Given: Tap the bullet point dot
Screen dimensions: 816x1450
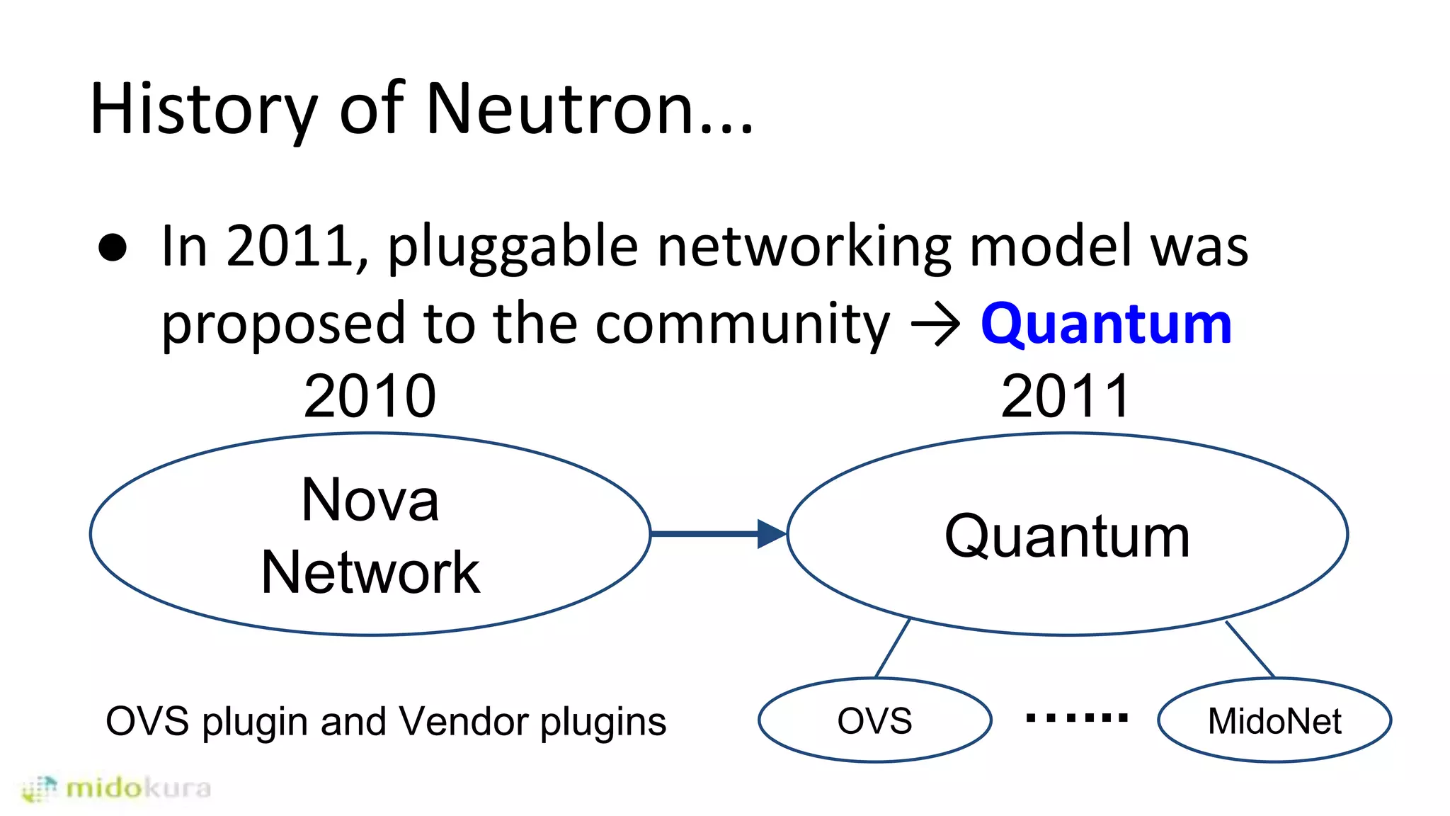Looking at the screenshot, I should click(x=113, y=248).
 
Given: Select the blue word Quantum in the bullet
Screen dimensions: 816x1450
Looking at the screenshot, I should click(x=1106, y=324).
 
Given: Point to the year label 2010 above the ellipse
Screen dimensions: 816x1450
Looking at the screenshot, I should click(x=370, y=397).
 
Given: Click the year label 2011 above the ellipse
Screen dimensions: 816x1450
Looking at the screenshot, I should click(x=1066, y=397).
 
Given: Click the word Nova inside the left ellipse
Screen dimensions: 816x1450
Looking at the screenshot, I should click(x=370, y=500).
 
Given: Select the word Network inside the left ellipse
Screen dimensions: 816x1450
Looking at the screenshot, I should click(x=370, y=572).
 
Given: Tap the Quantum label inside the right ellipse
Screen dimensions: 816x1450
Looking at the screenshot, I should click(x=1067, y=536).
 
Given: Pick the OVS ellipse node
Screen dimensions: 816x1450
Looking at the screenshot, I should click(x=874, y=720).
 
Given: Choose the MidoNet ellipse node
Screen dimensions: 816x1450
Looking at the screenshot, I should click(x=1274, y=720).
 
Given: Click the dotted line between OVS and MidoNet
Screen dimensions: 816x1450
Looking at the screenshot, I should click(x=1076, y=718).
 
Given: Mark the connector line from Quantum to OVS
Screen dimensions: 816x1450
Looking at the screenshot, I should click(x=893, y=647).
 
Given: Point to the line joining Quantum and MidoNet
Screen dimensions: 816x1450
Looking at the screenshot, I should click(x=1250, y=649).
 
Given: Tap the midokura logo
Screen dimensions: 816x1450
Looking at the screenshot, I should click(x=117, y=788).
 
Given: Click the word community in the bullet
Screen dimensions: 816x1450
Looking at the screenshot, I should click(x=742, y=324).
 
